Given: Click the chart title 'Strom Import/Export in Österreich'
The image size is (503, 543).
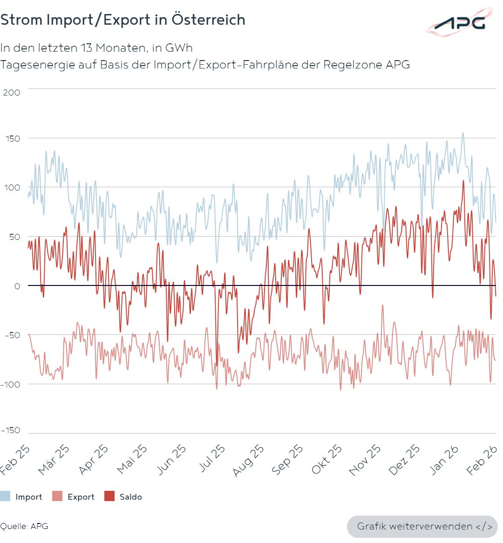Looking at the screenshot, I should (123, 20).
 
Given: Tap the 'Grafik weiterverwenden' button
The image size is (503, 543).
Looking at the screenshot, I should (422, 526).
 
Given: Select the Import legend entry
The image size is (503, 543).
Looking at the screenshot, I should (22, 496).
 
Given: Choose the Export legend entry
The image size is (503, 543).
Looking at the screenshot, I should (74, 496).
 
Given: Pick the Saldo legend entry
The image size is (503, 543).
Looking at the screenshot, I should (124, 496).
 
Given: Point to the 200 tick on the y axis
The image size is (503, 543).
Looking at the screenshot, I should (12, 92).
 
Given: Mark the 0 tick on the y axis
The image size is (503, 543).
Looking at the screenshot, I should (17, 286).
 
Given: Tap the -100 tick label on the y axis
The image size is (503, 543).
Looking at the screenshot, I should (10, 384).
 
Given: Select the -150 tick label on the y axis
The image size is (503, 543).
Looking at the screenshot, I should (10, 430).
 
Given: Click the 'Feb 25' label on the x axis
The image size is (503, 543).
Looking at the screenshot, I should (16, 460).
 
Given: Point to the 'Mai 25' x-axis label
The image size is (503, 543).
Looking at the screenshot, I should (132, 460).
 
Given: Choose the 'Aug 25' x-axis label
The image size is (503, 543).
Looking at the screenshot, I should (248, 460).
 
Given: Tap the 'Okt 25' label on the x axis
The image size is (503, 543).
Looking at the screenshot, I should (327, 460).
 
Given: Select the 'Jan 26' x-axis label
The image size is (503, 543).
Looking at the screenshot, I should (444, 460).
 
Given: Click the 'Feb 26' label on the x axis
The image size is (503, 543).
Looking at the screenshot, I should (482, 460).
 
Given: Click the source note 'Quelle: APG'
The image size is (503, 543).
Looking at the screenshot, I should (24, 526).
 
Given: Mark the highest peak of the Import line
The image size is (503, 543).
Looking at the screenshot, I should (463, 133).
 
